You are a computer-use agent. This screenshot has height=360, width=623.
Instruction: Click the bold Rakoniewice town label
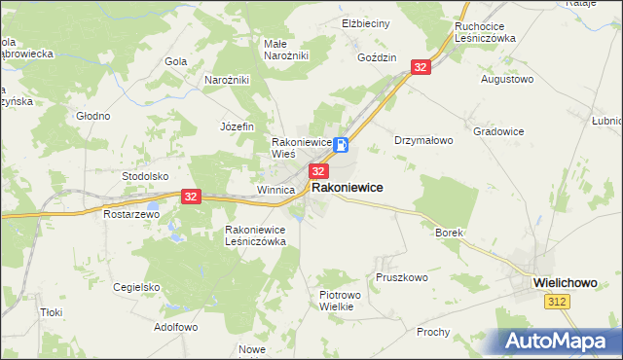tap(347, 187)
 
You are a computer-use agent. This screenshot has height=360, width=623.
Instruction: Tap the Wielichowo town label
tap(572, 281)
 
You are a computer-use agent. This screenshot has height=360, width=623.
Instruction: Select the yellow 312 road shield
tap(556, 303)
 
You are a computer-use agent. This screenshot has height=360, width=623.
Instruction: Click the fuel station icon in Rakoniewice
tap(342, 145)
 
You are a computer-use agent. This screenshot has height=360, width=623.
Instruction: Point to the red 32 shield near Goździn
tap(420, 66)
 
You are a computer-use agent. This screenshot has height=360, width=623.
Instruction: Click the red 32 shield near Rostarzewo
tap(190, 196)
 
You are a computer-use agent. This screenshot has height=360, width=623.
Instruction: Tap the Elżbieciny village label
tap(366, 22)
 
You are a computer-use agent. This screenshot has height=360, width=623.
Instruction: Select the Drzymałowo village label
tap(423, 140)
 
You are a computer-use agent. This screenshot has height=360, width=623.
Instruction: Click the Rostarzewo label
tap(131, 213)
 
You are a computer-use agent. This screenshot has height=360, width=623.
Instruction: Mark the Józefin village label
tap(237, 126)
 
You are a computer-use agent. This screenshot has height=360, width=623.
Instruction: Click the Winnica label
tap(275, 190)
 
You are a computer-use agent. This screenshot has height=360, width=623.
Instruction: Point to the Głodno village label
tap(93, 116)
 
